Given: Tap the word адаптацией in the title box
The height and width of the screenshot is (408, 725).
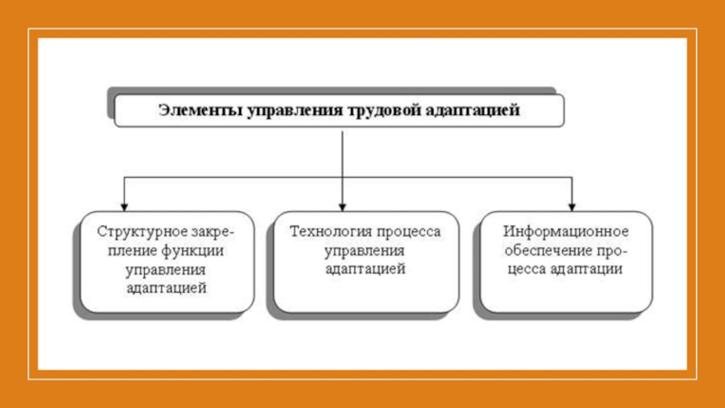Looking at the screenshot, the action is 472,111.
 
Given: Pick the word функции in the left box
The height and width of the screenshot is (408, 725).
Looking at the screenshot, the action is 193,251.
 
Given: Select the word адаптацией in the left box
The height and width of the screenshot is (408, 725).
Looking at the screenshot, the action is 167,287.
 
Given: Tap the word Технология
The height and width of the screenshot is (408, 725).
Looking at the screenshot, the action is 327,231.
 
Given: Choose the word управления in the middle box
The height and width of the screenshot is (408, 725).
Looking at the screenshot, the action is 365,251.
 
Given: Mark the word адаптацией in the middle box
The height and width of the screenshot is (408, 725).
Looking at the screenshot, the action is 365,268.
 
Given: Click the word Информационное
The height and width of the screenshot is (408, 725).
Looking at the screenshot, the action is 565,231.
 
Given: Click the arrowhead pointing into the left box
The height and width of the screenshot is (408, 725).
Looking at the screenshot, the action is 124,208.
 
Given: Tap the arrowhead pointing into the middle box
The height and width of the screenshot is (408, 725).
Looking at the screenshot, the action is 343,208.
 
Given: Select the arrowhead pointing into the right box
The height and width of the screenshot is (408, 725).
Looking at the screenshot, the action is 572,208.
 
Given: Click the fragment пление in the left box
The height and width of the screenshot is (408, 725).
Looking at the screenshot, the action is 133,251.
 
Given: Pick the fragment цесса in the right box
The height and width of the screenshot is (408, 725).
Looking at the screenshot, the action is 527,269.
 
